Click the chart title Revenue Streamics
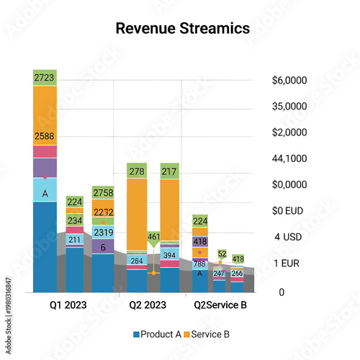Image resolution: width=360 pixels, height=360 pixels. (182, 28)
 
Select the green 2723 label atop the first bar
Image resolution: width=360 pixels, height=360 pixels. (45, 77)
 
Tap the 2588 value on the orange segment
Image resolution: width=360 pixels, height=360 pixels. (45, 136)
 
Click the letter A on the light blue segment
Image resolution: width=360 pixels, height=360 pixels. (45, 193)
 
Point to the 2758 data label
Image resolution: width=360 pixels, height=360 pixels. (103, 193)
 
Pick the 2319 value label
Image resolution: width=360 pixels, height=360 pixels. (103, 232)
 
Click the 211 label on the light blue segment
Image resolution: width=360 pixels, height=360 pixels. (75, 240)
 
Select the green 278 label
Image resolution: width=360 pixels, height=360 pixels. (137, 171)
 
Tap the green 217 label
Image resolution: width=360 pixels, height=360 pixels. (170, 171)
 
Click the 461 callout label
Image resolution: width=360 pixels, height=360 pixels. (154, 236)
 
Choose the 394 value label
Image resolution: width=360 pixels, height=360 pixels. (170, 255)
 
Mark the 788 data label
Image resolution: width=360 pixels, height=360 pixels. (199, 264)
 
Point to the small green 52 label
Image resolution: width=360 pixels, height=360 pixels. (222, 253)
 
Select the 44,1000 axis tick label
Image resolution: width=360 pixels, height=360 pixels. (288, 158)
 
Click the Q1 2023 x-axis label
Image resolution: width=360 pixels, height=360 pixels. (68, 305)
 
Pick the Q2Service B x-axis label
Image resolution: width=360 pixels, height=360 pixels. (220, 305)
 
